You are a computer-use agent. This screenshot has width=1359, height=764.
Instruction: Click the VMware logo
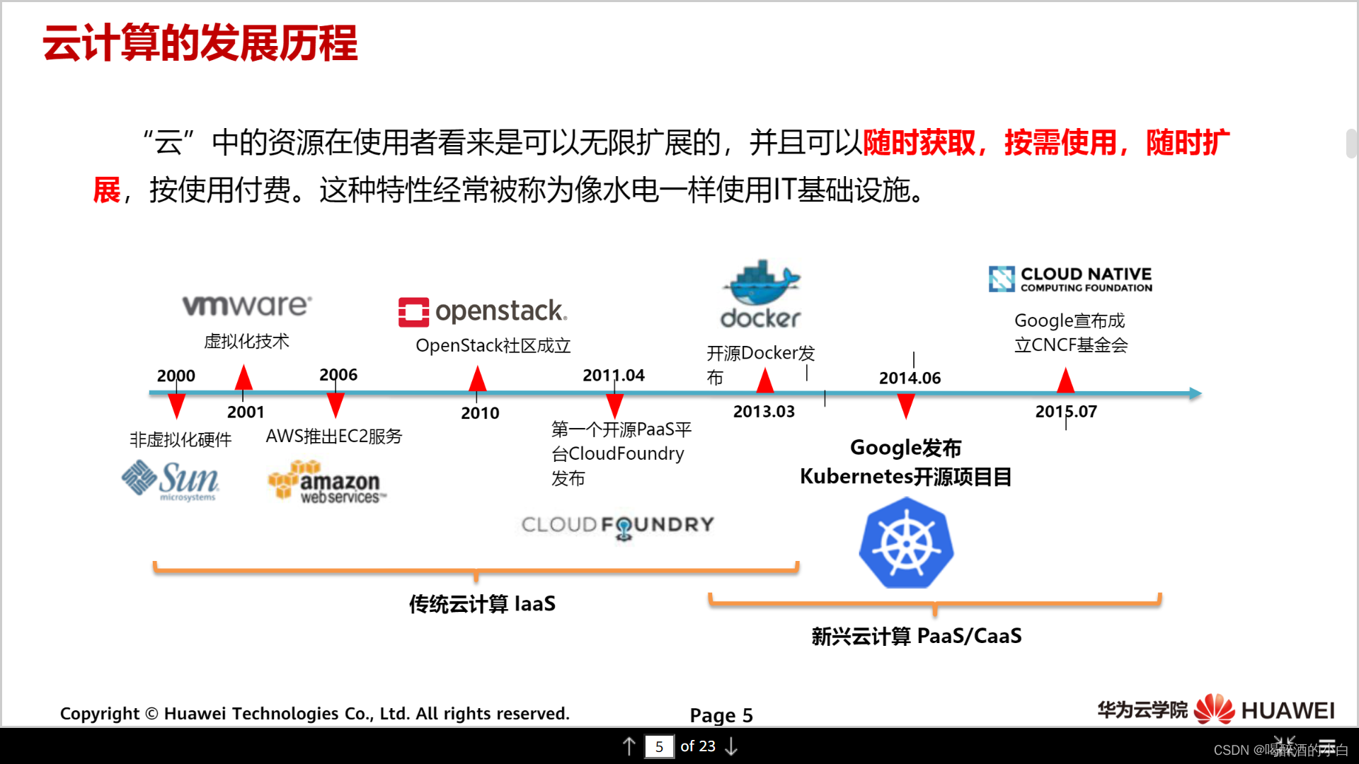point(247,306)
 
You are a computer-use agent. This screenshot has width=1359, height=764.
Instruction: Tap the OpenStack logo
point(483,311)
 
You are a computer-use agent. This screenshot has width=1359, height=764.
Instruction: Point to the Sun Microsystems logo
point(171,480)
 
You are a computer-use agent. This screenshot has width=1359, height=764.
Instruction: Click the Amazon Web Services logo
point(327,482)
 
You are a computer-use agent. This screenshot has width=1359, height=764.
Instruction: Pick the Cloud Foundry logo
point(618,525)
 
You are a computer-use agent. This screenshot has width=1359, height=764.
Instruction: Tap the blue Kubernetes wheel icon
point(906,543)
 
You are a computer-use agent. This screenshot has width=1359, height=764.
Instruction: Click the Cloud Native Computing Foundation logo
point(1070,279)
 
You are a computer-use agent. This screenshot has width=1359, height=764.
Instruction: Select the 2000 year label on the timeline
point(176,376)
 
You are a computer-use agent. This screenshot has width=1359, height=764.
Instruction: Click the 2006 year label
point(338,375)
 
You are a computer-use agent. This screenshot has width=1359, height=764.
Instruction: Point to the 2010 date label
point(480,413)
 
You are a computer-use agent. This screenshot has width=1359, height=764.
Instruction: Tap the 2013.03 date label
point(764,412)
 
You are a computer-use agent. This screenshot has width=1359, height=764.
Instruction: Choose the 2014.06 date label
point(910,378)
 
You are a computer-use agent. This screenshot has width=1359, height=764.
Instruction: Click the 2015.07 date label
point(1066,412)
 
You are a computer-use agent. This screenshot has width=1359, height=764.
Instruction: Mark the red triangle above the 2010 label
point(478,380)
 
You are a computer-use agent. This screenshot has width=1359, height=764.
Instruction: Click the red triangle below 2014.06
point(906,406)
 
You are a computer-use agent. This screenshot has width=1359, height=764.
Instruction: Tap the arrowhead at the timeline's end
point(1195,393)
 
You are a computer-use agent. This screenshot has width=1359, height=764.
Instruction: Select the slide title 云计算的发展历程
point(200,43)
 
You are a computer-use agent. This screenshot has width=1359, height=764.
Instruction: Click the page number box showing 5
point(659,746)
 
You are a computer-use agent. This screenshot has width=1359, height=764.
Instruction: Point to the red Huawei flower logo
point(1214,710)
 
